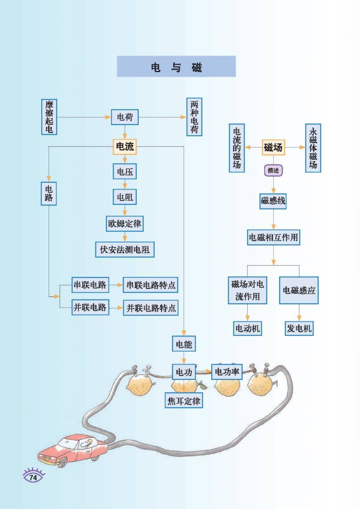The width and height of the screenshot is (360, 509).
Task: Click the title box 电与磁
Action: pyautogui.click(x=176, y=67)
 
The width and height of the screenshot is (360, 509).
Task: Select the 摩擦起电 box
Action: pyautogui.click(x=49, y=117)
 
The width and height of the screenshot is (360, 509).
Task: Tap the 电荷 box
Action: pyautogui.click(x=125, y=117)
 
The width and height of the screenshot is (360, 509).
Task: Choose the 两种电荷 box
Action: pyautogui.click(x=194, y=116)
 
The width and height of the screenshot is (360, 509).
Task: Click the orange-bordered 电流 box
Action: pyautogui.click(x=125, y=146)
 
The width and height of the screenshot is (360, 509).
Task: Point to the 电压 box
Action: pyautogui.click(x=125, y=172)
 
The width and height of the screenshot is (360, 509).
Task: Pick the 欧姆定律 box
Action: pyautogui.click(x=125, y=223)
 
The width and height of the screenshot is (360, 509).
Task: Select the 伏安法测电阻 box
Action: pyautogui.click(x=125, y=249)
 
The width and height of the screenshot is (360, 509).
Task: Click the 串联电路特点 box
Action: pyautogui.click(x=150, y=285)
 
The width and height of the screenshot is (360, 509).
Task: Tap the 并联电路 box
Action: pyautogui.click(x=90, y=307)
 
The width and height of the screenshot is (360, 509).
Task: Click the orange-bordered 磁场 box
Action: pyautogui.click(x=273, y=147)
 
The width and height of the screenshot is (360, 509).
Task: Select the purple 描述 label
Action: pyautogui.click(x=273, y=170)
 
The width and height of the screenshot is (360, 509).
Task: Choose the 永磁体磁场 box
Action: pyautogui.click(x=313, y=148)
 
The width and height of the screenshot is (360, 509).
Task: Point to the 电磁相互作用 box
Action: pyautogui.click(x=273, y=237)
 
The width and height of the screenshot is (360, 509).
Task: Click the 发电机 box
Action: pyautogui.click(x=299, y=329)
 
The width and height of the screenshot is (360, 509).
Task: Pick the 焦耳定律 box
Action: pyautogui.click(x=184, y=401)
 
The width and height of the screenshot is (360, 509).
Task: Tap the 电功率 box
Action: pyautogui.click(x=227, y=372)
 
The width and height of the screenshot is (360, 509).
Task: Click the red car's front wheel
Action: pyautogui.click(x=63, y=462)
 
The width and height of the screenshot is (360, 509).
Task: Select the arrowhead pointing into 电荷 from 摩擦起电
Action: pyautogui.click(x=108, y=117)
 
